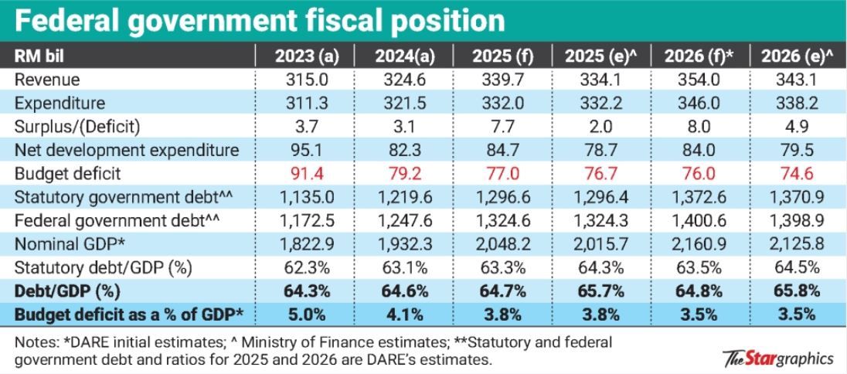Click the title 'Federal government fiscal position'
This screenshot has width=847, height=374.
pyautogui.click(x=259, y=20)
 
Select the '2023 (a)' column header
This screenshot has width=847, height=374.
pyautogui.click(x=304, y=56)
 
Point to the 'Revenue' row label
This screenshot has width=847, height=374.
pyautogui.click(x=46, y=80)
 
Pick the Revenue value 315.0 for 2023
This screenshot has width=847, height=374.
pyautogui.click(x=304, y=80)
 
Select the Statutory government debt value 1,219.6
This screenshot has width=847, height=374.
pyautogui.click(x=403, y=197)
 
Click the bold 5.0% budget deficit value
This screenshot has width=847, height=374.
pyautogui.click(x=304, y=314)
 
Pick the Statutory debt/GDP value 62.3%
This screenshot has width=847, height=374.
pyautogui.click(x=304, y=268)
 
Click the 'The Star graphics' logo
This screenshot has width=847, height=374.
pyautogui.click(x=778, y=359)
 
